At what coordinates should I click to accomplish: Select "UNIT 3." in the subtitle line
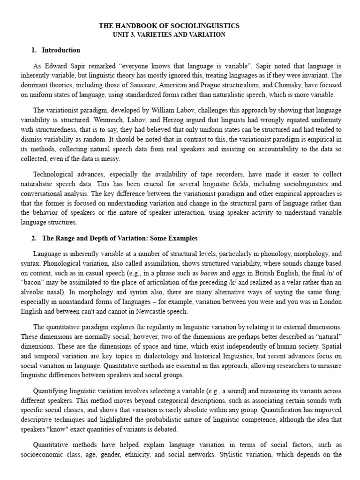tap(126, 35)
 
